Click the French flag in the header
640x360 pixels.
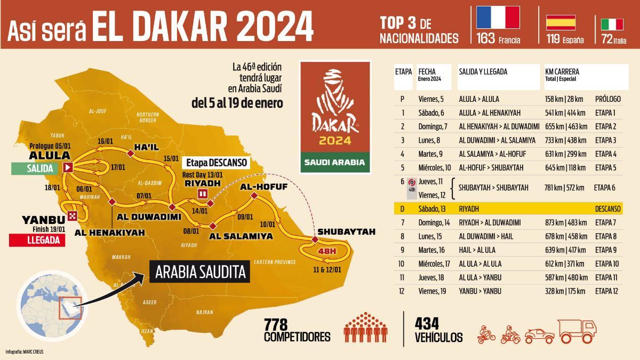(498, 18)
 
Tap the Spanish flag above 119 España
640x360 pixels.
(561, 22)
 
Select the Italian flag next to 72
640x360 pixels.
(612, 24)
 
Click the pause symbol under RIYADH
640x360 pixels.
(203, 194)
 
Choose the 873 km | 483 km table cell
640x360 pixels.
(566, 222)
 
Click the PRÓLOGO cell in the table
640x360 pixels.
(607, 99)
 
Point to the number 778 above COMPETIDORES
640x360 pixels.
(276, 323)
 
